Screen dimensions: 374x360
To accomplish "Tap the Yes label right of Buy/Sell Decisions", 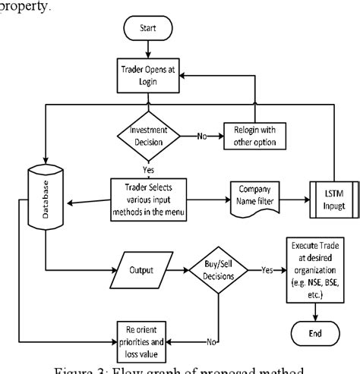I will [267, 269].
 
